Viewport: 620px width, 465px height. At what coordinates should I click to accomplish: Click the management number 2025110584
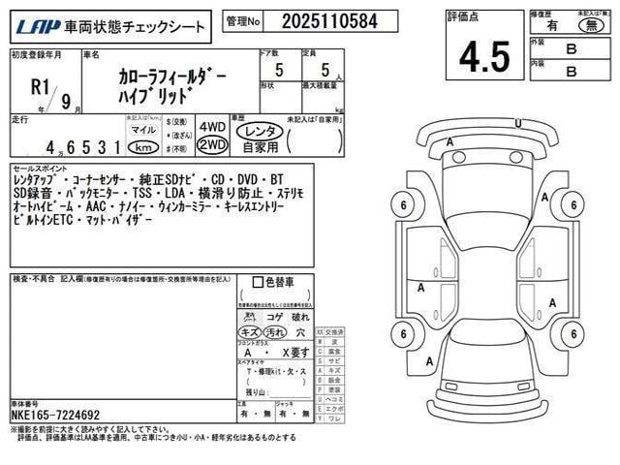click(x=316, y=20)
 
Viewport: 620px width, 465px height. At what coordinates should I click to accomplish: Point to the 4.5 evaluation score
click(x=484, y=57)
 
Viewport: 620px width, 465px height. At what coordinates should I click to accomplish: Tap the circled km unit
click(x=143, y=148)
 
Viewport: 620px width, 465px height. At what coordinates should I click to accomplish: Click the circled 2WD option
click(x=211, y=145)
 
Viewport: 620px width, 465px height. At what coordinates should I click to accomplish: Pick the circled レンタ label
click(x=261, y=129)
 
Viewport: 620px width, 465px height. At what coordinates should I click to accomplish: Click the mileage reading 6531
click(x=93, y=149)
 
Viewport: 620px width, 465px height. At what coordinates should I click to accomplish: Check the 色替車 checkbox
click(x=257, y=283)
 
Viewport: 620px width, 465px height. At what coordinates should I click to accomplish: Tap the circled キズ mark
click(x=250, y=331)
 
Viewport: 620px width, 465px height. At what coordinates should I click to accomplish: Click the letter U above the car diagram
click(x=517, y=123)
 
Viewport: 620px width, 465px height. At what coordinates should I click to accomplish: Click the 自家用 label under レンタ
click(x=261, y=146)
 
